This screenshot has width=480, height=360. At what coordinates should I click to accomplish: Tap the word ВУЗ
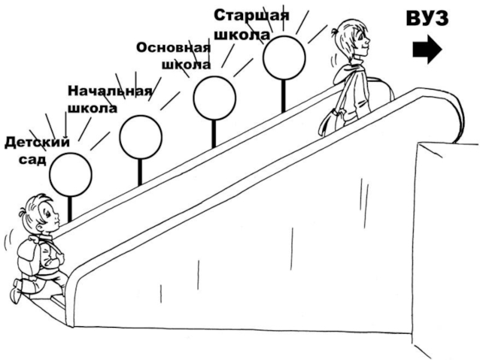427,19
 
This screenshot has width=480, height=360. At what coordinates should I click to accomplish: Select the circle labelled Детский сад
70,175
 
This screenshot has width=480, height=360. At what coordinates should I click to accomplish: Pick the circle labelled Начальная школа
140,137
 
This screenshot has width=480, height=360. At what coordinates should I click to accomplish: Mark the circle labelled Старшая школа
284,58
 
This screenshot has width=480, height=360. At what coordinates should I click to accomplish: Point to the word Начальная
109,91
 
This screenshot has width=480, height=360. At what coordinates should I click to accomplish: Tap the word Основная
173,47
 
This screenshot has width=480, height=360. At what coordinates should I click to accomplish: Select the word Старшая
252,14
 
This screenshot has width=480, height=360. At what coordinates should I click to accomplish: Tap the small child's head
40,215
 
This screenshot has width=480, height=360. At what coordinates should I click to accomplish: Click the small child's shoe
17,290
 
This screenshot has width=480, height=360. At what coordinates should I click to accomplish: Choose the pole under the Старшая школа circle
283,95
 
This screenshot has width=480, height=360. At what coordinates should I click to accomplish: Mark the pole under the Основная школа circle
213,133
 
